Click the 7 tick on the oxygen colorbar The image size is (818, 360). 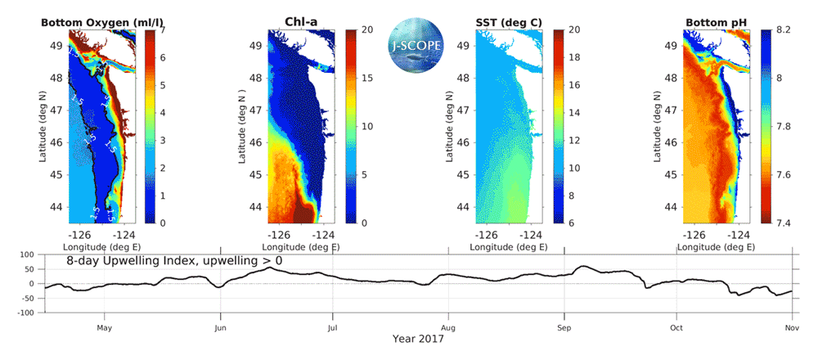coord(163,29)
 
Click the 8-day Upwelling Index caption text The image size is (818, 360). coord(174,261)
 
